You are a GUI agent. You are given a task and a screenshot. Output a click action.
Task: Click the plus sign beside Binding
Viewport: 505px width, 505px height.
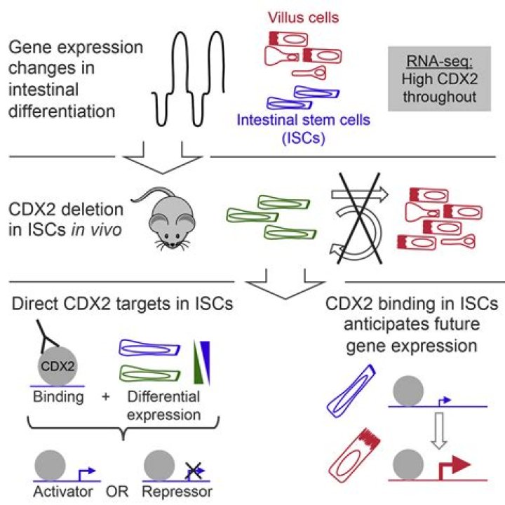point(107,397)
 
